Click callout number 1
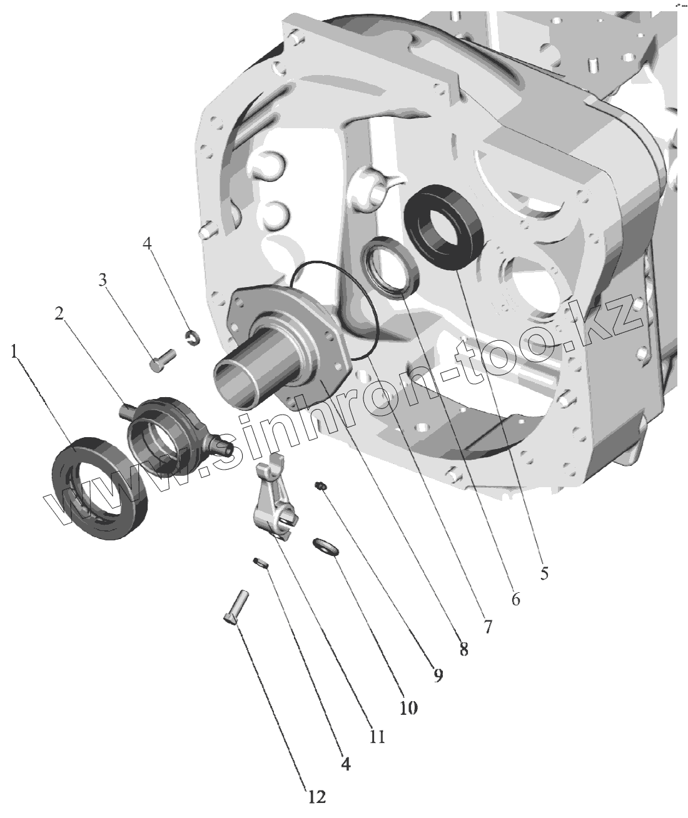point(14,351)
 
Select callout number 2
point(59,313)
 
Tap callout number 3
point(103,280)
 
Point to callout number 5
point(544,573)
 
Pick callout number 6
point(515,599)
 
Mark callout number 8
point(463,649)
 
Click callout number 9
point(438,675)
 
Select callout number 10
point(408,707)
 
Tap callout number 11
point(377,737)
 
